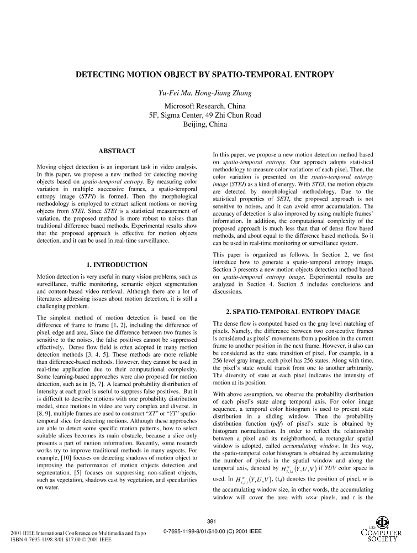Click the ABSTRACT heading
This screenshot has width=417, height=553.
tap(117, 151)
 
